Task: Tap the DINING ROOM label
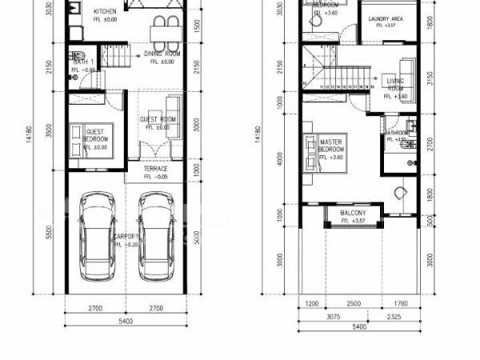pos(162,54)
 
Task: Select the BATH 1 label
pos(86,62)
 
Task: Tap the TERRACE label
pos(155,169)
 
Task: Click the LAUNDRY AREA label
pos(385,18)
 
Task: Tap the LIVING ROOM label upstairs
pos(395,84)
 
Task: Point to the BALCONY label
pos(353,213)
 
